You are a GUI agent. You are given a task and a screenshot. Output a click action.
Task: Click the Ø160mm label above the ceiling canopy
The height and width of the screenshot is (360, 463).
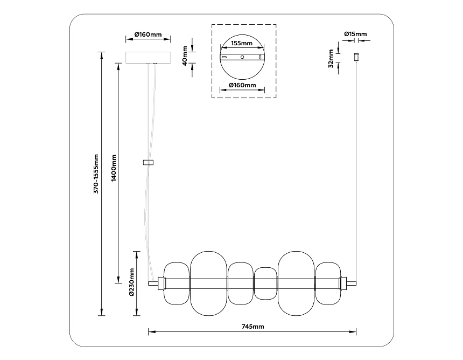(x=148, y=35)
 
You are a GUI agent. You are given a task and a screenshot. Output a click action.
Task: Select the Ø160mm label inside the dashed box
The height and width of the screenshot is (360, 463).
(x=242, y=85)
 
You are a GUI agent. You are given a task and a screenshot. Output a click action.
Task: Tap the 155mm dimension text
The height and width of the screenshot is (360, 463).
(x=242, y=43)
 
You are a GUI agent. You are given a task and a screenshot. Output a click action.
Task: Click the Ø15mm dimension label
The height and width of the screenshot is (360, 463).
(x=355, y=34)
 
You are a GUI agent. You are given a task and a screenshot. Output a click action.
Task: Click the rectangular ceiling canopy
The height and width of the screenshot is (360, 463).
(x=148, y=57)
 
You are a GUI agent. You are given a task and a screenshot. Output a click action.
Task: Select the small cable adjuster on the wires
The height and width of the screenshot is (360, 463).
(x=149, y=162)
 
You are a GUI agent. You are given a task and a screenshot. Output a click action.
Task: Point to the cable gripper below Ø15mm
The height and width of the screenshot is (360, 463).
(x=356, y=57)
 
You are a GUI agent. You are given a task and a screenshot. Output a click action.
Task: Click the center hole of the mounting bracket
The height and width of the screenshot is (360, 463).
(x=242, y=57)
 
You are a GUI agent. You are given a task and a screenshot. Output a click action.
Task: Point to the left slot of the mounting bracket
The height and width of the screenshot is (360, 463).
(x=224, y=57)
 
